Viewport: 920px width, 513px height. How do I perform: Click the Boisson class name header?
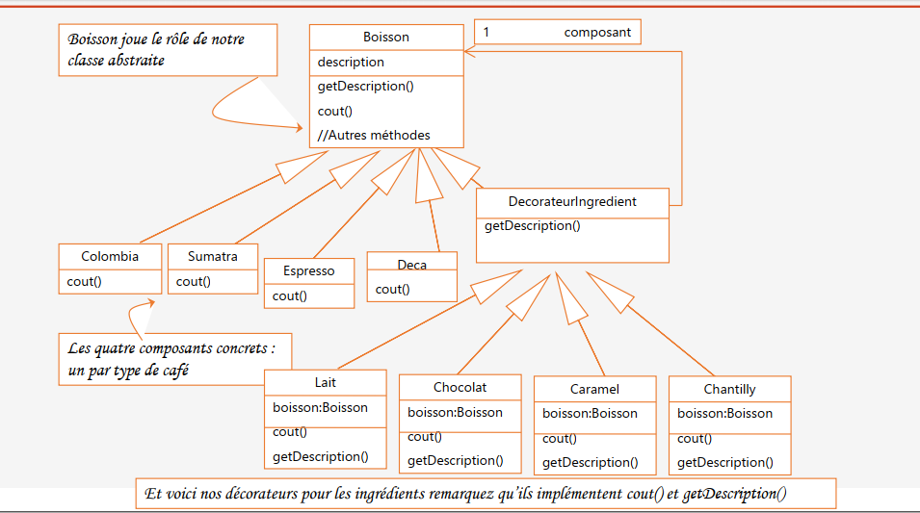click(x=385, y=38)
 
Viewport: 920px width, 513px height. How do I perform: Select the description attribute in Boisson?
click(x=351, y=62)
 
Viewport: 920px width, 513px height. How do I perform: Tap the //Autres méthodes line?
click(x=374, y=135)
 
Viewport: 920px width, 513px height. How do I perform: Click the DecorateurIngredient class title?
click(x=571, y=202)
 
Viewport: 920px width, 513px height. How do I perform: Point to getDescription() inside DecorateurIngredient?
click(x=532, y=226)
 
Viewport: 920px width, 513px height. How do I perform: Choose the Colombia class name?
click(x=109, y=256)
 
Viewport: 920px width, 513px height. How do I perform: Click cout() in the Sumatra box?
click(x=194, y=281)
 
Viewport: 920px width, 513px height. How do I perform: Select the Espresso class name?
click(x=309, y=270)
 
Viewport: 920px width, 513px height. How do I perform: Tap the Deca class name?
click(x=411, y=265)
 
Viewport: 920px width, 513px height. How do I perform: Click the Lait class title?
click(x=326, y=383)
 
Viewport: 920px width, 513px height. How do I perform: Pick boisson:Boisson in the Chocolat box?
click(x=455, y=412)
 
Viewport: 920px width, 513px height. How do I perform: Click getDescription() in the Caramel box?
click(x=590, y=462)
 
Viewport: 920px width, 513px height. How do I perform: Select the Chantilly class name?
click(x=729, y=389)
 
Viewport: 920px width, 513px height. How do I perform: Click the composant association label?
click(x=597, y=32)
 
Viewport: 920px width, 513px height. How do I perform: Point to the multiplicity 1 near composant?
click(x=486, y=32)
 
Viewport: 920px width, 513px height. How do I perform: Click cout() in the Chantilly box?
click(x=694, y=438)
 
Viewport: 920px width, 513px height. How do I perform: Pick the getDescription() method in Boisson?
click(x=365, y=86)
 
